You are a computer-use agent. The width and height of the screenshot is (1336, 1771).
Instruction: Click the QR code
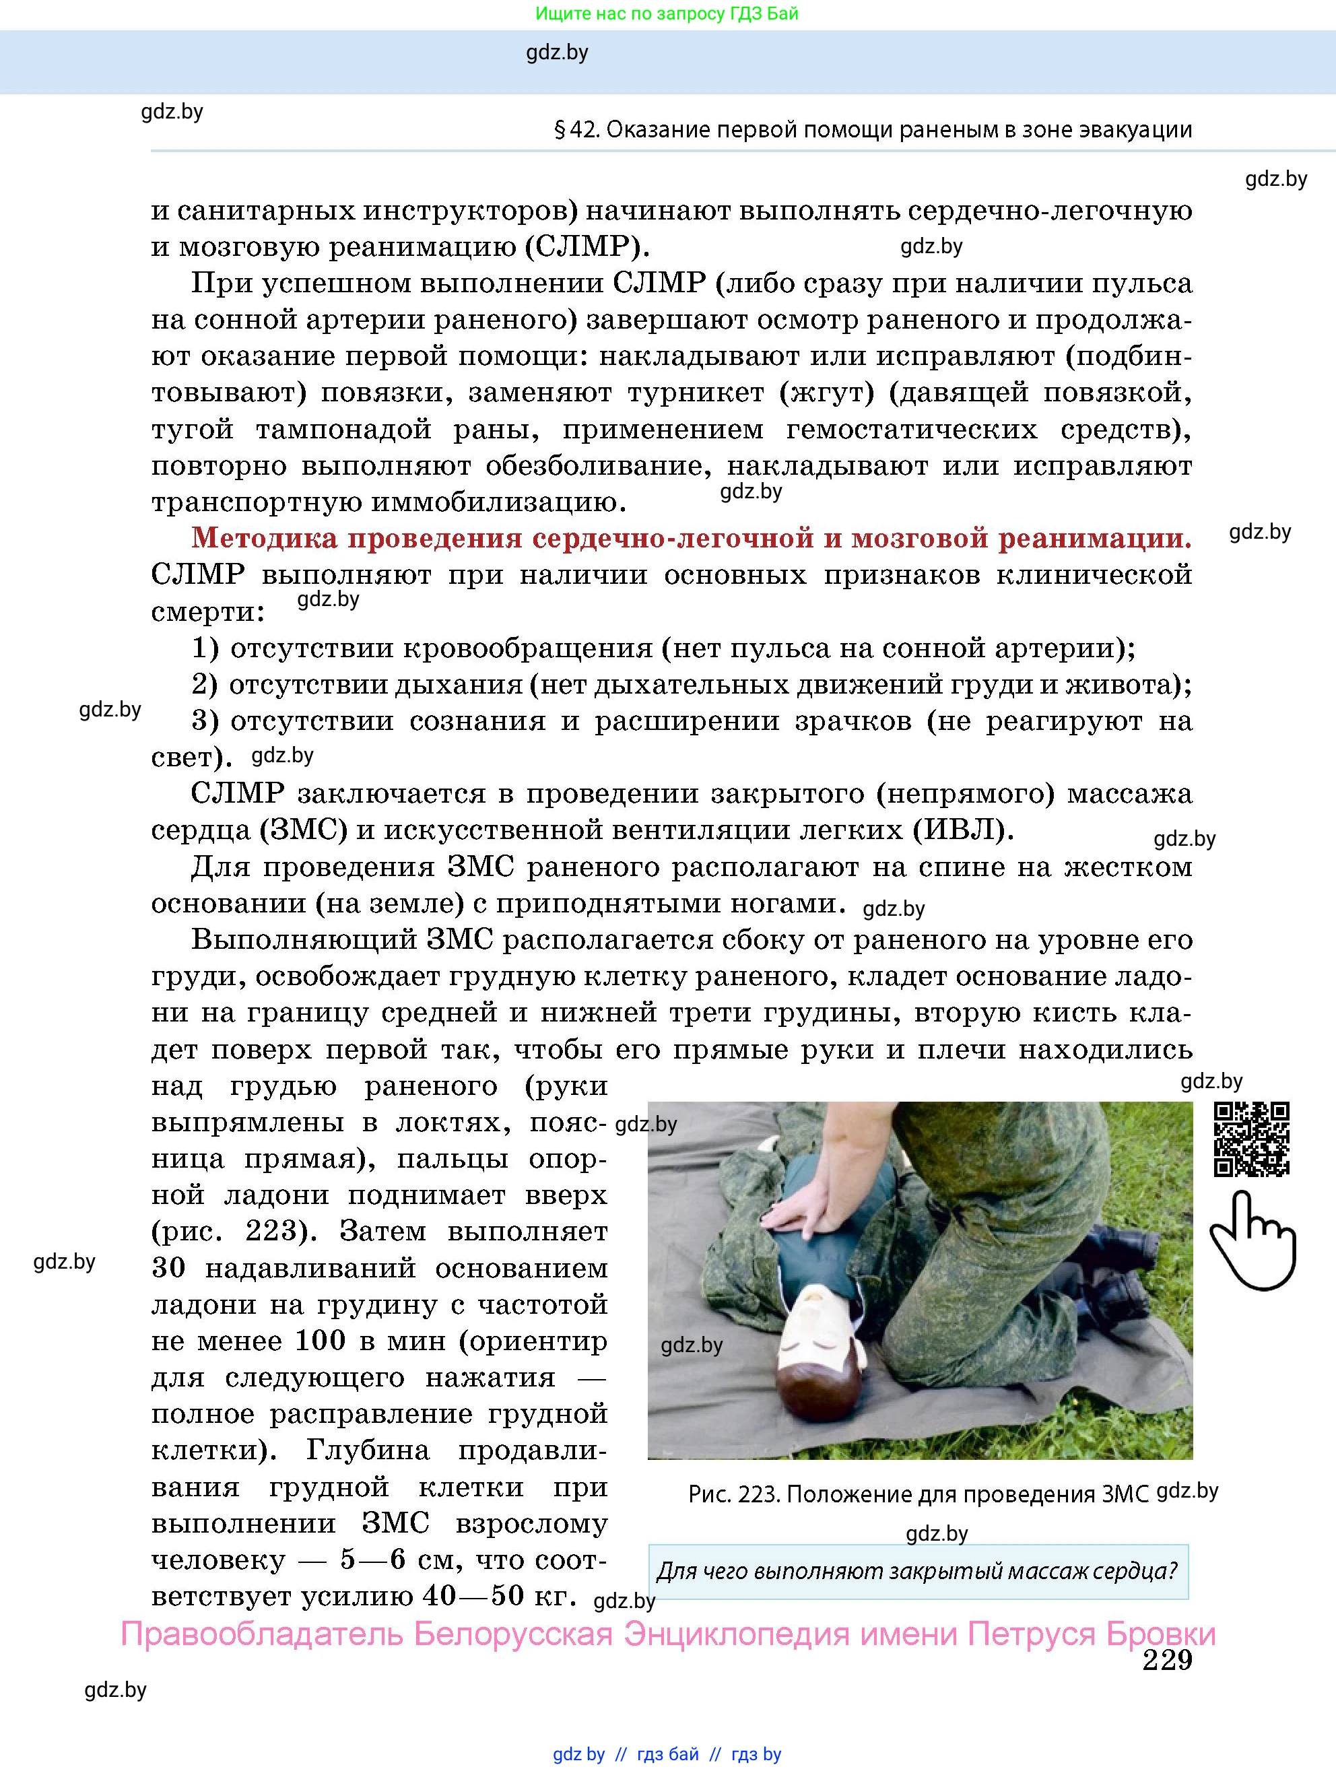(x=1251, y=1139)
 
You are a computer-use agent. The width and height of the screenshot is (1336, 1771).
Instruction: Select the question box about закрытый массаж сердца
(x=917, y=1571)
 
